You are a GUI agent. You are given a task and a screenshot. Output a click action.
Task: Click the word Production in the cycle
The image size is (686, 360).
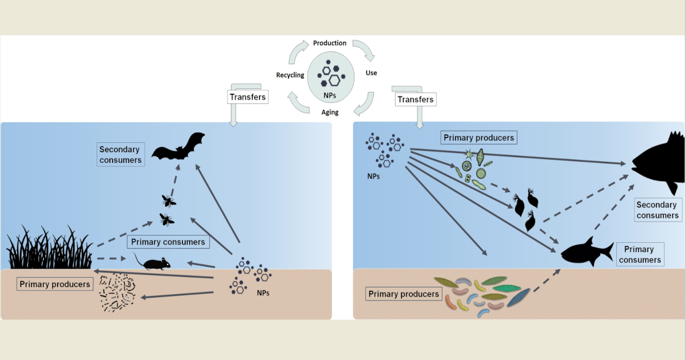coord(330,43)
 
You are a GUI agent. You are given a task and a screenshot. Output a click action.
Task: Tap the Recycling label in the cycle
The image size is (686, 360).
coord(290,75)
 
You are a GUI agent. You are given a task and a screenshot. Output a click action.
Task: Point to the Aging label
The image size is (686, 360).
coord(330,112)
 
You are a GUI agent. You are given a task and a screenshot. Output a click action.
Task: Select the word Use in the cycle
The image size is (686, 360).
coord(371,73)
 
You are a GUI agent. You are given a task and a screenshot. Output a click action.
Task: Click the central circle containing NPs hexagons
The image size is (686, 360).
coord(330,77)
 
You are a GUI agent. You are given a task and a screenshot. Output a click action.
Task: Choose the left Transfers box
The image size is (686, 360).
coord(248,97)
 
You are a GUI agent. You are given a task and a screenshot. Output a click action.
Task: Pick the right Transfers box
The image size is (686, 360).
coord(416,99)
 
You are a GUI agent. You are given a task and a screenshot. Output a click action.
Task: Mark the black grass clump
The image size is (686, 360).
coord(49,249)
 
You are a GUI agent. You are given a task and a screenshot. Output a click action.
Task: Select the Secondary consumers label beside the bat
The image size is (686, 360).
coord(120,155)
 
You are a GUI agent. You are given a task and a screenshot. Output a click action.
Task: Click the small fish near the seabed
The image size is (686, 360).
coord(585,251)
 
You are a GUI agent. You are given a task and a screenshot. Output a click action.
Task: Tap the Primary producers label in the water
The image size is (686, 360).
coord(479,138)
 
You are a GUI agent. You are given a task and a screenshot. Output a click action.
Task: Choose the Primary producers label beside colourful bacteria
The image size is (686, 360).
coord(404,294)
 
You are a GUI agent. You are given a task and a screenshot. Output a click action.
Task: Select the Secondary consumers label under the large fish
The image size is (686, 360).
coord(657,210)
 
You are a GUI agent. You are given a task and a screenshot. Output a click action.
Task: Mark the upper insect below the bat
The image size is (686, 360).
coord(169,200)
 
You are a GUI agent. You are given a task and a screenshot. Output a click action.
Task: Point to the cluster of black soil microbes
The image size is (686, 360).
coord(117,293)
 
